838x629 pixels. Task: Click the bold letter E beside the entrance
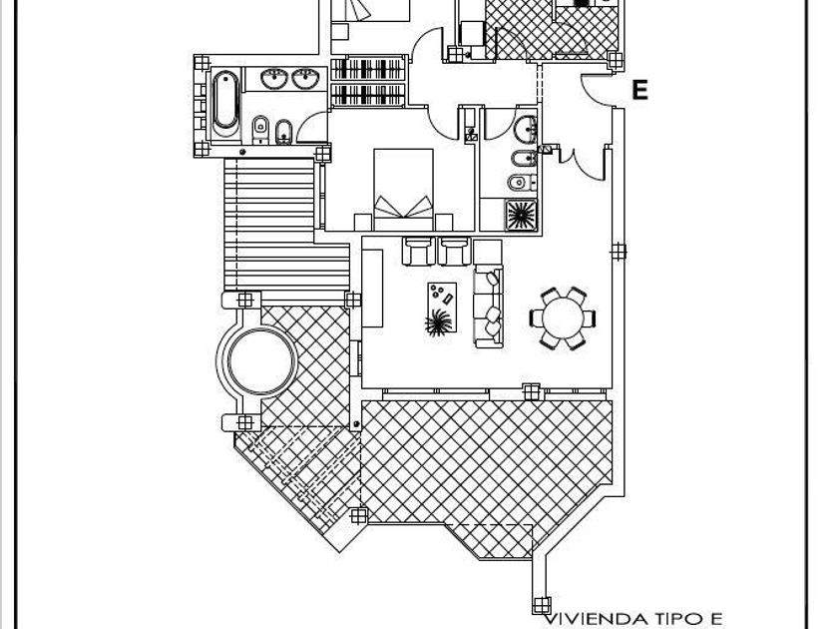[x=639, y=90]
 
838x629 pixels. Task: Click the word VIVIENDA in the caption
[x=595, y=619]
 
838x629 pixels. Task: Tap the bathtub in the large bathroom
[x=225, y=104]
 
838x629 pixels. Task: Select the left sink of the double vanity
[x=274, y=79]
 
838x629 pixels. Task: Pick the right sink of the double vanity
[x=305, y=79]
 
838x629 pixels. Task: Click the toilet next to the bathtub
[x=260, y=129]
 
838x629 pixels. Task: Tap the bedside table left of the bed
[x=363, y=222]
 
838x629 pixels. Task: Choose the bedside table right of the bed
[x=444, y=222]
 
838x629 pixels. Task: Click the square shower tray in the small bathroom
[x=521, y=215]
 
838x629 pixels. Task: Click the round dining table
[x=563, y=318]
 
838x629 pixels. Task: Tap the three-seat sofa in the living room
[x=488, y=307]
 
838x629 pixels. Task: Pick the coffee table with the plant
[x=442, y=308]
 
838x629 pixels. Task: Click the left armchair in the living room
[x=418, y=252]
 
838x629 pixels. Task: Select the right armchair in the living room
[x=455, y=252]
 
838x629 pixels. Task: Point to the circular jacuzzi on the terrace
[x=261, y=360]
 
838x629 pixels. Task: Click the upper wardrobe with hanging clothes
[x=368, y=69]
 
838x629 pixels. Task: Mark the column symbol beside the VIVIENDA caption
[x=542, y=605]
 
